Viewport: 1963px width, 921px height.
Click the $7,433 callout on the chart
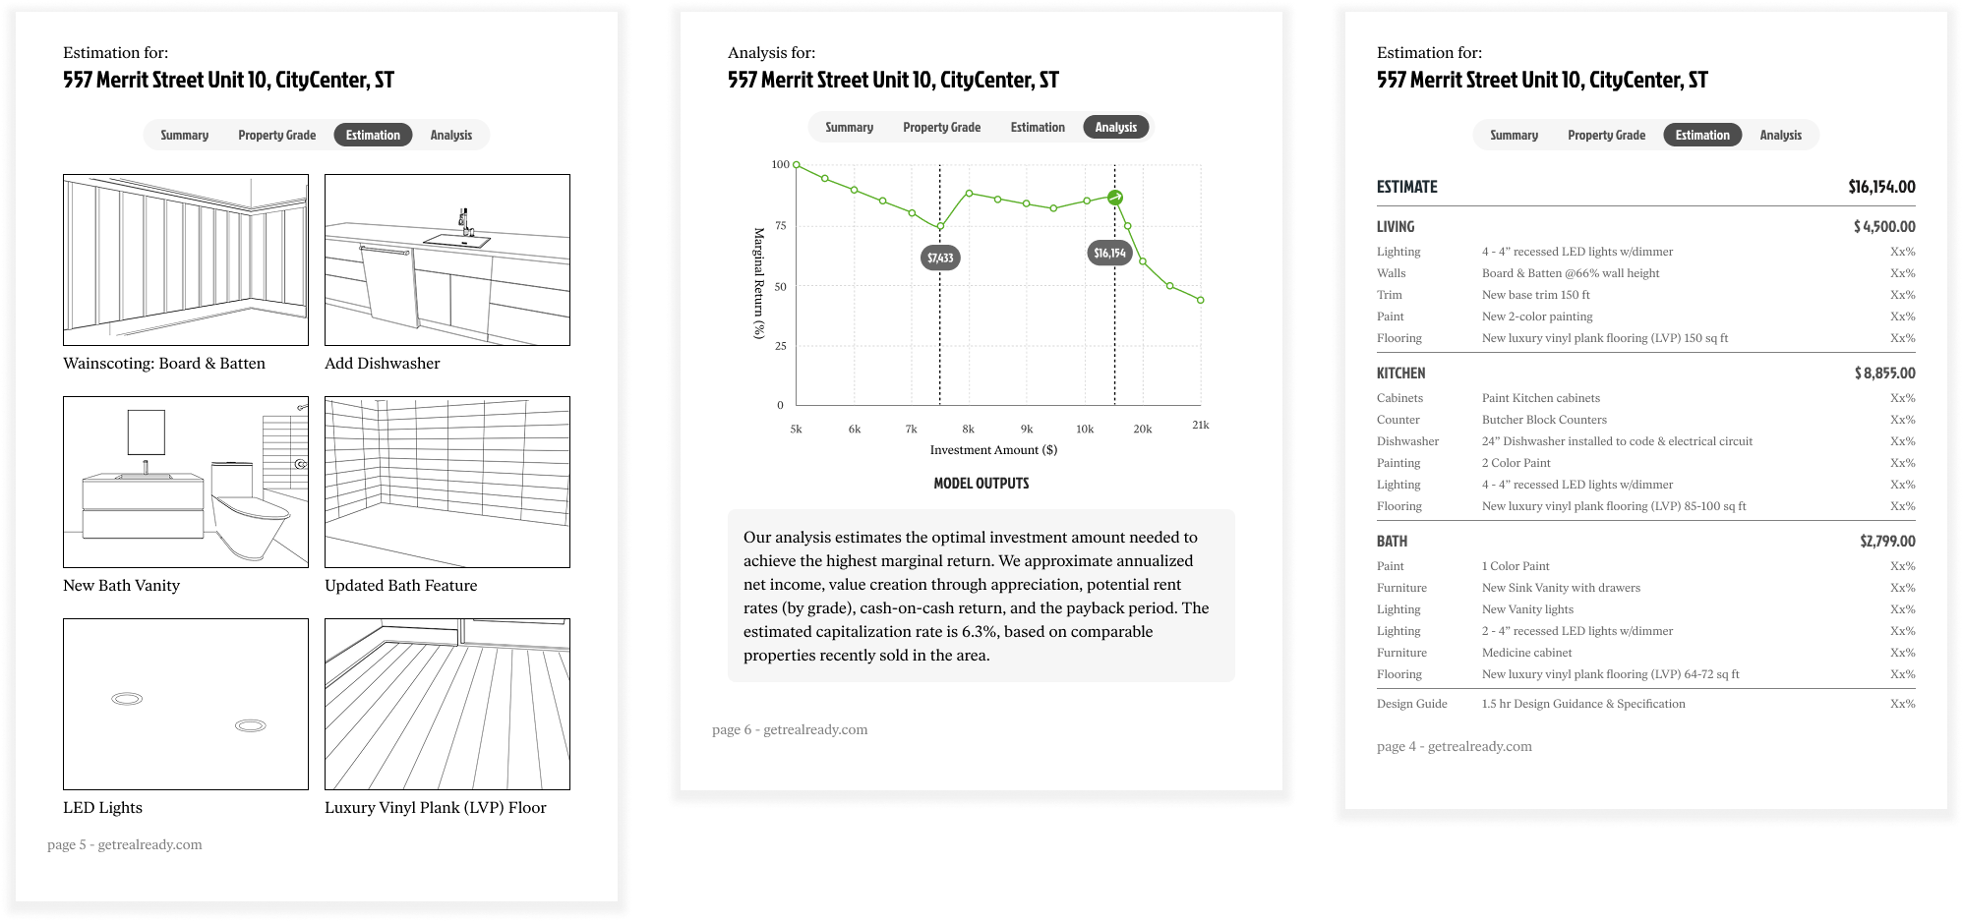click(940, 258)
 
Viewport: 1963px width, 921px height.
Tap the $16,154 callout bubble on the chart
click(1109, 253)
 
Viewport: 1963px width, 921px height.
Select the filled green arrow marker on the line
click(1115, 198)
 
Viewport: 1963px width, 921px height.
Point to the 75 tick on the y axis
click(781, 226)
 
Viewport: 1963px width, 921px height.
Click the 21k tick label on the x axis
click(1201, 425)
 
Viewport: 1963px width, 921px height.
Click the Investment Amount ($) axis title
click(993, 450)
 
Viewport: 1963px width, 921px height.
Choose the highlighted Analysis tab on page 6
click(1116, 127)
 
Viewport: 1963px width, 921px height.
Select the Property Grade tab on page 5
click(277, 136)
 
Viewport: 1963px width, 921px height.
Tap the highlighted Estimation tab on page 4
click(1702, 135)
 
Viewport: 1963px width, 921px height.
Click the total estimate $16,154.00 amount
click(1881, 187)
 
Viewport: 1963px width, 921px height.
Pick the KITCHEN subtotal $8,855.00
click(1884, 374)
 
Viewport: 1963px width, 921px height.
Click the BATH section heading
click(1392, 542)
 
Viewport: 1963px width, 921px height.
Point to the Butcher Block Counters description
click(1544, 420)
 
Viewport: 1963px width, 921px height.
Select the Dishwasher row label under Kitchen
click(1407, 441)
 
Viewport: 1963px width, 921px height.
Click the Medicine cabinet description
click(1526, 653)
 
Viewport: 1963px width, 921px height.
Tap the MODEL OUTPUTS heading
click(981, 484)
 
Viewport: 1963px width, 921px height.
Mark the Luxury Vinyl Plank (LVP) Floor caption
click(436, 808)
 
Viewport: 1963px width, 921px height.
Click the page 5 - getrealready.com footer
click(125, 844)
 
